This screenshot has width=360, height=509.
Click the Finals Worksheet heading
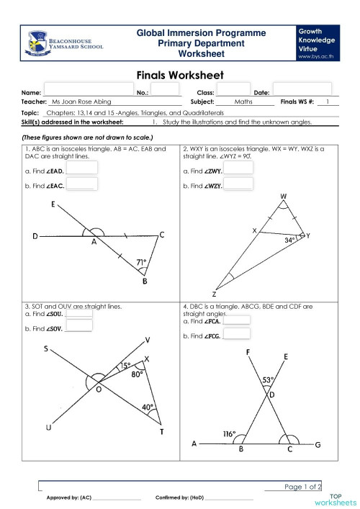(x=179, y=75)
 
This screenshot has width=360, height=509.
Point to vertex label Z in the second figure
(x=214, y=294)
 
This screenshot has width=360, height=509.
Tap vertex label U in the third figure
(x=48, y=428)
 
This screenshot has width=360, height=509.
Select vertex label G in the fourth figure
(x=318, y=445)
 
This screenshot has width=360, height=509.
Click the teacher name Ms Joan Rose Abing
(x=81, y=102)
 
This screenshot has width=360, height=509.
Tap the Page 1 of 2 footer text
(x=302, y=487)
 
